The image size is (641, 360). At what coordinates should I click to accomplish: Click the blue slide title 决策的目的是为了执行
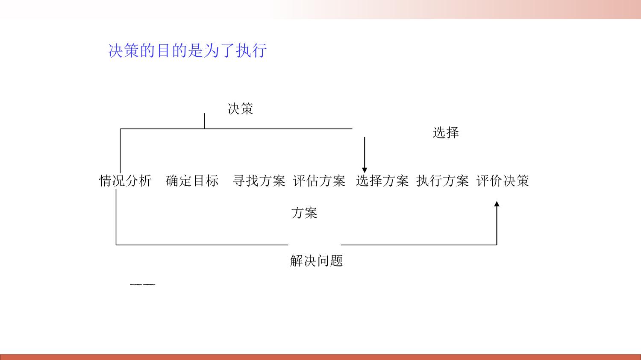(x=188, y=51)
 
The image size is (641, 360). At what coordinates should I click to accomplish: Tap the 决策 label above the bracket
(x=240, y=109)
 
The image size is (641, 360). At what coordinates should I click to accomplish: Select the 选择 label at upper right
(x=446, y=133)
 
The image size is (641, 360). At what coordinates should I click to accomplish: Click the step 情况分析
(x=125, y=181)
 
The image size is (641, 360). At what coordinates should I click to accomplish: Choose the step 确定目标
(x=192, y=181)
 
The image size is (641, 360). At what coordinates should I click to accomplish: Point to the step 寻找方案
(x=259, y=181)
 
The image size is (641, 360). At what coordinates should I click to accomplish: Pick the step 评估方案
(x=319, y=181)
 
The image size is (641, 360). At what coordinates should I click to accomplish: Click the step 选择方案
(x=382, y=181)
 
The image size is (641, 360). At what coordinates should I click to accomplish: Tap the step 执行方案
(x=442, y=181)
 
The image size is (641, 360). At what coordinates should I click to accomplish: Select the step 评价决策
(x=503, y=181)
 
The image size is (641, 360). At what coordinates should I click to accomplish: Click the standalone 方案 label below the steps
(x=304, y=213)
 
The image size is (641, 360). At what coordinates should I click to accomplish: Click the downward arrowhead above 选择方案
(x=365, y=170)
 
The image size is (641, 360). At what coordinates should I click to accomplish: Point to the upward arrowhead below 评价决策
(x=497, y=204)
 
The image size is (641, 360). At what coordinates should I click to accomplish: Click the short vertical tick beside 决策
(x=204, y=120)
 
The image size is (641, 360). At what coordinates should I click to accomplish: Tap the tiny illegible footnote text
(x=143, y=284)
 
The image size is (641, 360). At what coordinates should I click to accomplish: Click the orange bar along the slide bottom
(x=320, y=357)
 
